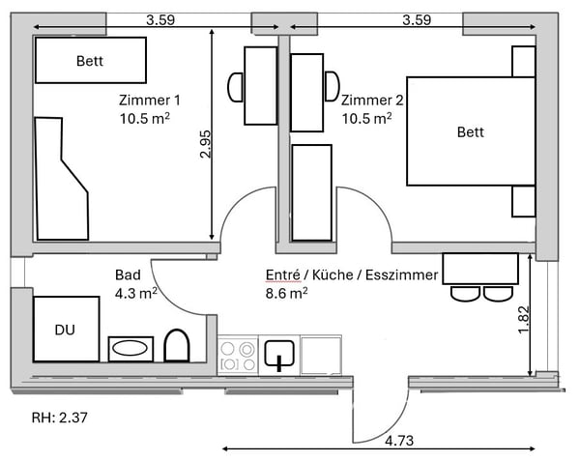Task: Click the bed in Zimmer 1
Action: coord(90,61)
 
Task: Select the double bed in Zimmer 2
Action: coord(471,131)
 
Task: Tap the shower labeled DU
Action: coord(65,330)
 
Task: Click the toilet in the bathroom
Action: coord(176,346)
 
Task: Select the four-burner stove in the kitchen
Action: coord(237,355)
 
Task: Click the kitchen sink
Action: coord(278,355)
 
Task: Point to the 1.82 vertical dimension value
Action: coord(524,320)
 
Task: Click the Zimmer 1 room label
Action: coord(149,100)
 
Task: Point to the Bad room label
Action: coord(128,274)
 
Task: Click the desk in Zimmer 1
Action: coord(261,86)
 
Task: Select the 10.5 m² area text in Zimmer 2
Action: coord(366,118)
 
